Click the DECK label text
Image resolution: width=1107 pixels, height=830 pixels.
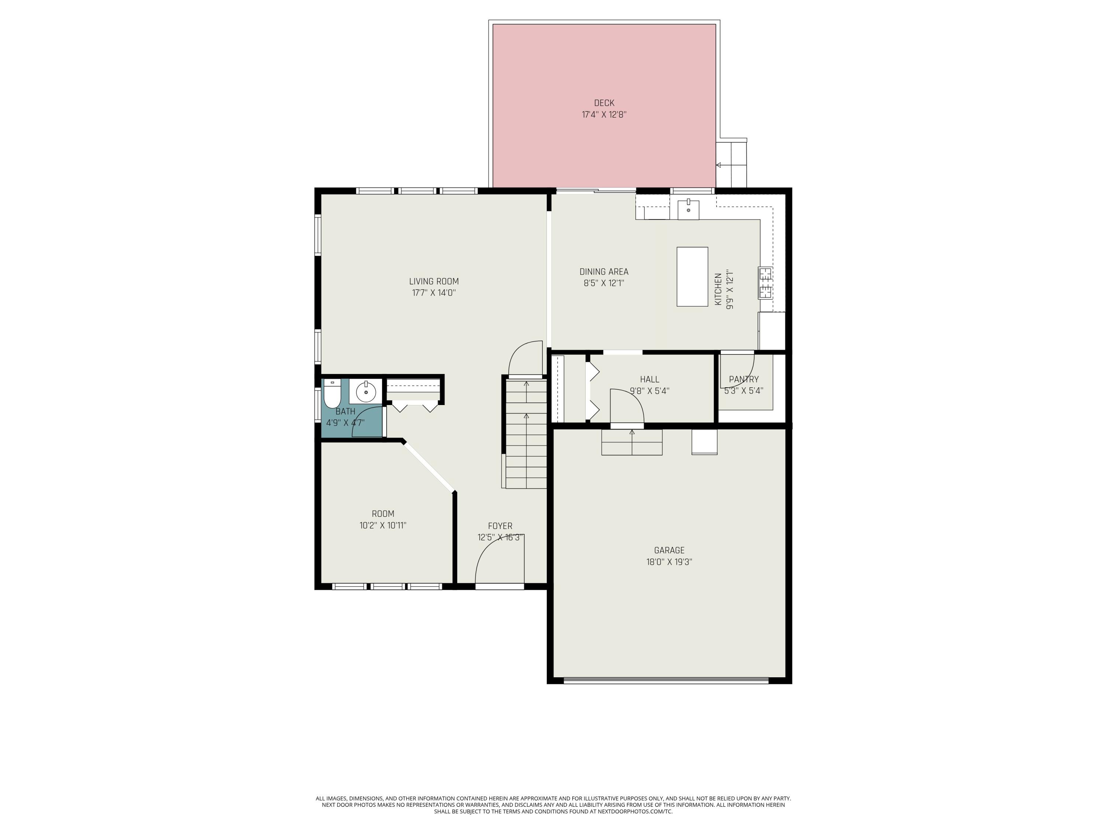click(x=604, y=103)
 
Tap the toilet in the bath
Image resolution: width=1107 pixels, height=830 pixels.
click(x=332, y=395)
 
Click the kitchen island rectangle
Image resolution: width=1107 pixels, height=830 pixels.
click(x=692, y=277)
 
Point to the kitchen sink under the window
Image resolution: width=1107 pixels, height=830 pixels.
click(x=688, y=210)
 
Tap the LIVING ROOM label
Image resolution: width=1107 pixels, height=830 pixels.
click(x=434, y=282)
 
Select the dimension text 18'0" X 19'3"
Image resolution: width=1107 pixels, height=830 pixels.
click(x=669, y=562)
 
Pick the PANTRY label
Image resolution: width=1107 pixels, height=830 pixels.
click(x=744, y=379)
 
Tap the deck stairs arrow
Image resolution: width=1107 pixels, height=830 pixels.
click(x=720, y=165)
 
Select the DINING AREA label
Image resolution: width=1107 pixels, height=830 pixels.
click(x=604, y=272)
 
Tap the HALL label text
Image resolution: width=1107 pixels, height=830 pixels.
click(x=649, y=379)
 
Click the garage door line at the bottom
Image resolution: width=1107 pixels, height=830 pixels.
click(x=666, y=680)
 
